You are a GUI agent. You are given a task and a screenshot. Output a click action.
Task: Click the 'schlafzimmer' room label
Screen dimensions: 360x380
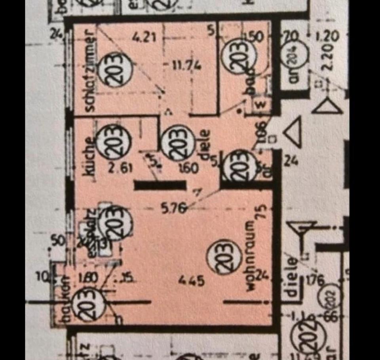point(90,70)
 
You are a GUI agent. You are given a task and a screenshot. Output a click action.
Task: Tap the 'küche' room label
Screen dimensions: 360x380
point(89,158)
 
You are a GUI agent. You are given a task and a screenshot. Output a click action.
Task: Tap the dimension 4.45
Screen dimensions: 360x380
point(191,281)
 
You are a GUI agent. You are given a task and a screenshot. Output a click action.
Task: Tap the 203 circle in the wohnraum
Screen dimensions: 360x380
point(224,257)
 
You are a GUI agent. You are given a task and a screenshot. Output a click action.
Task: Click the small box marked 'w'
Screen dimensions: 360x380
point(260,104)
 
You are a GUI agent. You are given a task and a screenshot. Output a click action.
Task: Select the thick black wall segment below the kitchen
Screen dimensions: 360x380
point(160,185)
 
